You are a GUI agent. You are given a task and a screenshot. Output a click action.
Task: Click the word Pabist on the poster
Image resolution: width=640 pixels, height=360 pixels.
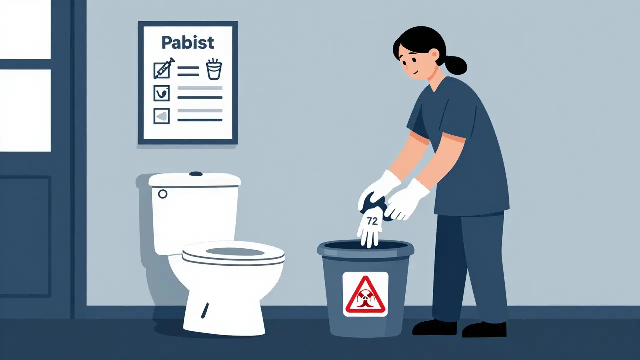187,42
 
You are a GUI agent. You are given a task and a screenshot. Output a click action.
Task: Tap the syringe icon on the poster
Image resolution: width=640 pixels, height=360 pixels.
164,68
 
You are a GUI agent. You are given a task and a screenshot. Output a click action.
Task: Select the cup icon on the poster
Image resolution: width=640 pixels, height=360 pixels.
214,69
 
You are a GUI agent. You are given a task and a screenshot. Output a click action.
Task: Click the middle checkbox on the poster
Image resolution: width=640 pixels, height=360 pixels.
162,93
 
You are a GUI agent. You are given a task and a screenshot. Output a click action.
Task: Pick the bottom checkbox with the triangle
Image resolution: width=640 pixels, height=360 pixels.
162,116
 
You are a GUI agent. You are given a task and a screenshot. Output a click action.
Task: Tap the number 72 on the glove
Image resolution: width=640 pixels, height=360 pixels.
372,221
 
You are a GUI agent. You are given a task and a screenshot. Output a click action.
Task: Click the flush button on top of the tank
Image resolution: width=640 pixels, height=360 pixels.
196,174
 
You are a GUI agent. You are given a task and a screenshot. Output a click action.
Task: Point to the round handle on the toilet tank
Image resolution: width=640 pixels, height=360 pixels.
162,194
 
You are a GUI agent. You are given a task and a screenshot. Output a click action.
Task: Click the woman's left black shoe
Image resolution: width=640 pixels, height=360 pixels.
434,327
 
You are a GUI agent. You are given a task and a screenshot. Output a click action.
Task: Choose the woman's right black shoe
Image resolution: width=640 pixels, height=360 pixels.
484,329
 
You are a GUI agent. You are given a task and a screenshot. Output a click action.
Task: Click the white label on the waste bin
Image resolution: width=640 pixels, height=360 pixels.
365,294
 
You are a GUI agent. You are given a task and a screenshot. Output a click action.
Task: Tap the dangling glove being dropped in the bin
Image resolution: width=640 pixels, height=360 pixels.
370,227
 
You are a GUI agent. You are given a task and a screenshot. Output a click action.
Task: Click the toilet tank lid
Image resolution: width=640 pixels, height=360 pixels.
195,179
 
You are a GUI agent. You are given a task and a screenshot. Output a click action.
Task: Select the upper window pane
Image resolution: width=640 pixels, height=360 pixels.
25,30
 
